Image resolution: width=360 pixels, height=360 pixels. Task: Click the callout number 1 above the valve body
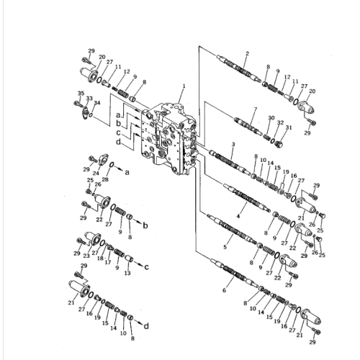[x=183, y=86]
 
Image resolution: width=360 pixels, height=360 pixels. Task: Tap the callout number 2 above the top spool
[x=247, y=54]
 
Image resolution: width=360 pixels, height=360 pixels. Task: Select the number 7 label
[x=254, y=109]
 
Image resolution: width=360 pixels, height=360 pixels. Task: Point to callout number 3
[x=233, y=145]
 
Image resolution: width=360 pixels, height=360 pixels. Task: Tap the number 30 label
[x=271, y=118]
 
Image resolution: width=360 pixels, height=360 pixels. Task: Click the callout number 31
[x=289, y=128]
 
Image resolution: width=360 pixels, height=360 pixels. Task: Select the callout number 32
[x=282, y=123]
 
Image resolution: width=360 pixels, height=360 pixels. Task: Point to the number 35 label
[x=81, y=94]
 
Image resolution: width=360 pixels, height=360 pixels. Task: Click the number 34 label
[x=96, y=104]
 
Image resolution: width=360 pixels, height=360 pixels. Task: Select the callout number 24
[x=95, y=174]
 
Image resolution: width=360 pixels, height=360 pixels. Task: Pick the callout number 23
[x=87, y=255]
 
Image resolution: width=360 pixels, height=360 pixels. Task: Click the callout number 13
[x=127, y=274]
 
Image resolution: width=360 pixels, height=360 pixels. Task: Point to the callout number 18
[x=99, y=258]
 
